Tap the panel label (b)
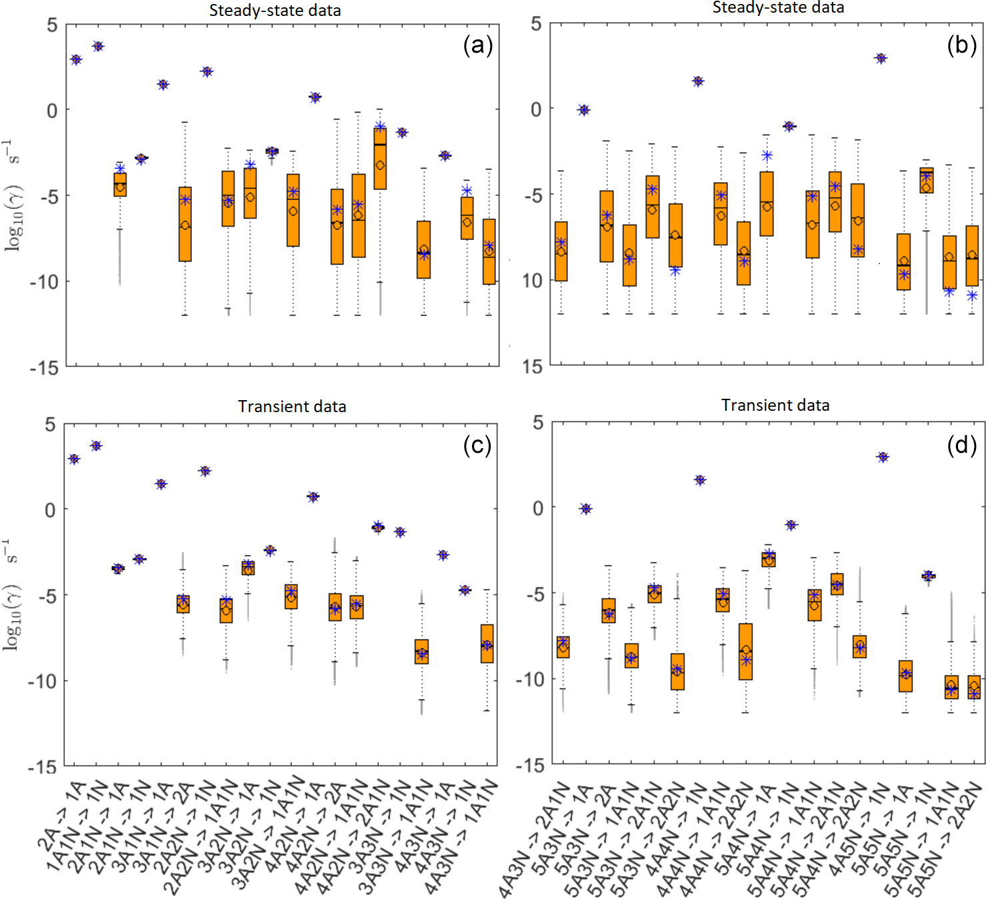961,45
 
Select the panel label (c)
477,445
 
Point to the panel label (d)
961,444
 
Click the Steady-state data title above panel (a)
275,11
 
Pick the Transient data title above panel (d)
775,405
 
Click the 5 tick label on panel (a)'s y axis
52,25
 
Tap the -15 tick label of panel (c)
43,767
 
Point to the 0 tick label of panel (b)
536,109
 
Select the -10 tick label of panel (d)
531,679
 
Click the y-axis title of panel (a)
13,195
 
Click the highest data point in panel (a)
98,46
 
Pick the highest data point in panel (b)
881,59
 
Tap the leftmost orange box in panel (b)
561,251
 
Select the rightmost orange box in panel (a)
489,251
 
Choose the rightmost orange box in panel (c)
487,644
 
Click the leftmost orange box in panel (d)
563,647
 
